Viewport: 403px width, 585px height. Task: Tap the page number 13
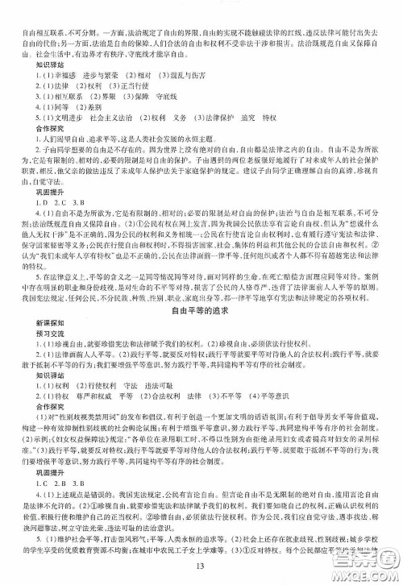tap(201, 574)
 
